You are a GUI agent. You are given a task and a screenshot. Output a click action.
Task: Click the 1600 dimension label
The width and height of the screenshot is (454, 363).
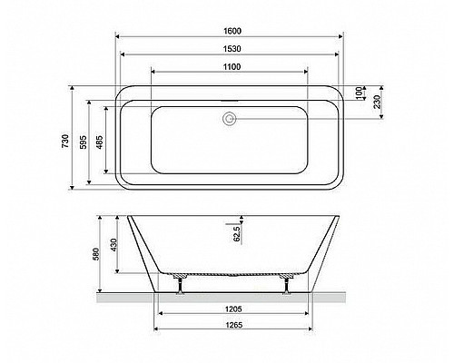pos(232,31)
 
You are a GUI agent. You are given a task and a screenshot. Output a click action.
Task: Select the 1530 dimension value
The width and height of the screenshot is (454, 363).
pos(232,49)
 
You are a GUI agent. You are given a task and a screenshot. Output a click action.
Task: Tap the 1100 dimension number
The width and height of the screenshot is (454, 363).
pos(232,66)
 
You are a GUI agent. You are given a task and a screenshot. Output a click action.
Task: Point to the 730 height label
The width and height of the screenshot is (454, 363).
pos(65,141)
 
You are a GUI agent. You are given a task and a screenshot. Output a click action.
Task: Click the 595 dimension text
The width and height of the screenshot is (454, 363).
pos(84,142)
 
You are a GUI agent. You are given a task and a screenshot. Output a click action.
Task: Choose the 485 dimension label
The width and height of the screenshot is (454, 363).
pos(100,142)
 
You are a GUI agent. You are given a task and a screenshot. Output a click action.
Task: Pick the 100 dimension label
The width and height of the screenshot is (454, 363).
pos(359,93)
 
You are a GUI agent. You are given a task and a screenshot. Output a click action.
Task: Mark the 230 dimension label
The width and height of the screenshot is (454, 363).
pos(377,102)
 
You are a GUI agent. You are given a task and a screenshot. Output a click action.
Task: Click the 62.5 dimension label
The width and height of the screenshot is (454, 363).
pos(237,234)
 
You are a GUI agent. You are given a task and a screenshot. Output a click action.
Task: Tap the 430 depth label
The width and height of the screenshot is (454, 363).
pos(113,245)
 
